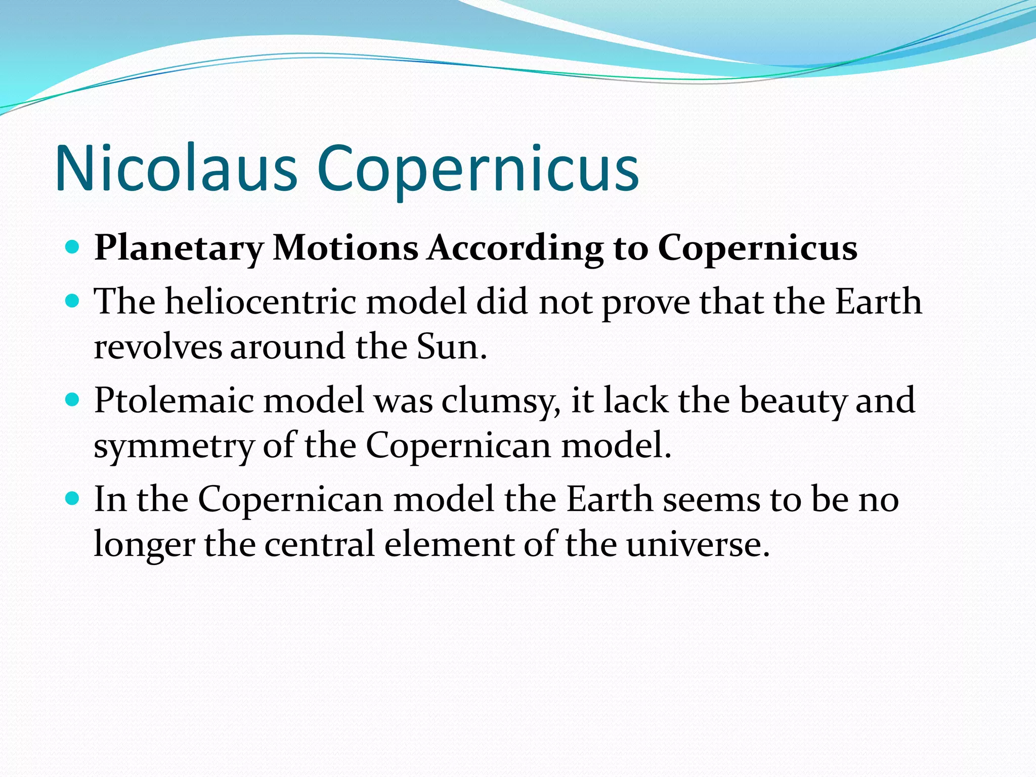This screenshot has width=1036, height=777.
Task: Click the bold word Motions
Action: tap(346, 248)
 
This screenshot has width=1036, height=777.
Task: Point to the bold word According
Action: tap(515, 248)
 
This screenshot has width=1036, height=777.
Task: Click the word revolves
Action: tap(158, 347)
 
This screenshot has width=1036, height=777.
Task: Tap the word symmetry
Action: tap(174, 446)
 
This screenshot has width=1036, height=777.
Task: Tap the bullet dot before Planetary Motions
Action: tap(73, 247)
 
